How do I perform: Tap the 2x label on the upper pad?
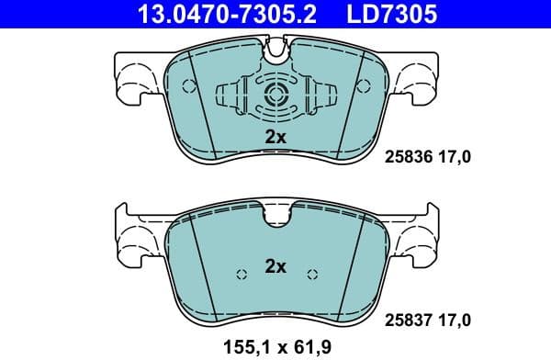pos(275,137)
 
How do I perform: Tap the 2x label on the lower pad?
pos(275,266)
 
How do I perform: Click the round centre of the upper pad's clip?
pos(276,93)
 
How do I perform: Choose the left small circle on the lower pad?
pos(242,274)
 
